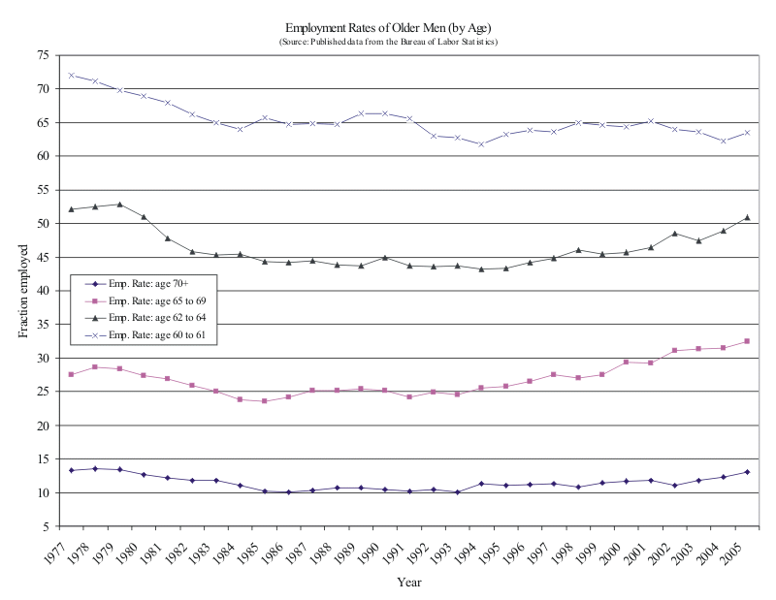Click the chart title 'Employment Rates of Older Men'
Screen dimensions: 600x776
(x=388, y=28)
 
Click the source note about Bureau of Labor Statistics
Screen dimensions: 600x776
(x=388, y=42)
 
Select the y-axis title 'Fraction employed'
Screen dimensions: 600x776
(x=23, y=291)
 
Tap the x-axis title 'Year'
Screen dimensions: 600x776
(x=408, y=582)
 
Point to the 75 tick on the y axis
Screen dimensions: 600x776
(x=42, y=55)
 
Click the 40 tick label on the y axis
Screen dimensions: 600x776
(x=42, y=291)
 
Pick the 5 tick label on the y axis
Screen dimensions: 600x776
(x=45, y=526)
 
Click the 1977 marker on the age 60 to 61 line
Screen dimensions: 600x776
(x=71, y=75)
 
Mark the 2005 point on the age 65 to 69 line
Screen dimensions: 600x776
(x=746, y=341)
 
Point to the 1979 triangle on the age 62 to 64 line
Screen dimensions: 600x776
(x=119, y=205)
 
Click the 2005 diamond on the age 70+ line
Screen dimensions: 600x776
(x=746, y=472)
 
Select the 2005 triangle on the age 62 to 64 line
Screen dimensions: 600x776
(x=746, y=217)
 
